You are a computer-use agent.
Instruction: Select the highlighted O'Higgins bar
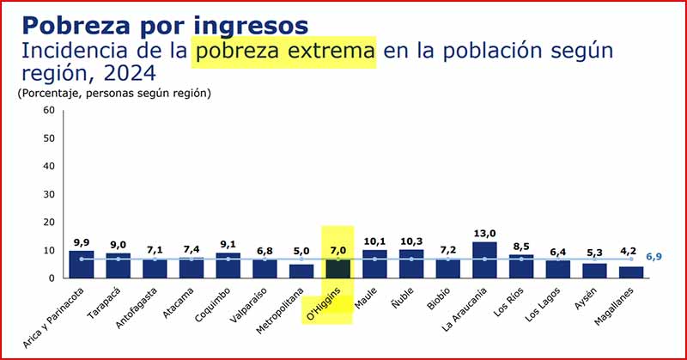pos(337,268)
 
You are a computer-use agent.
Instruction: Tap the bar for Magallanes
pos(631,272)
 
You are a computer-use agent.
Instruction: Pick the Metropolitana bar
pos(301,271)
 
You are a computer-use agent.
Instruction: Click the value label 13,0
pos(484,233)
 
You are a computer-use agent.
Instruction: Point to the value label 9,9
pos(81,241)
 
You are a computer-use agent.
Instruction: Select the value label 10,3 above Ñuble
pos(411,241)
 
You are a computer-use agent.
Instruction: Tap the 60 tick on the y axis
pos(48,111)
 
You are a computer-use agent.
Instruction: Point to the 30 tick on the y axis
pos(48,194)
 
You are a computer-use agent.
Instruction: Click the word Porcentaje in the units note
pos(47,93)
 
